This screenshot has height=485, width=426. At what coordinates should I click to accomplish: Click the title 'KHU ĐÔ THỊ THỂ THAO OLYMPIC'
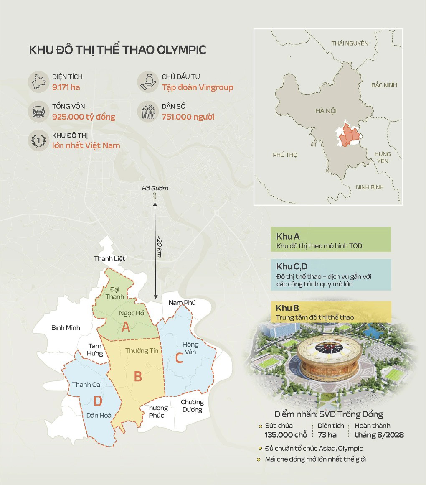[x=117, y=50]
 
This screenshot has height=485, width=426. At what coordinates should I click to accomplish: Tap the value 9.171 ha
[x=66, y=88]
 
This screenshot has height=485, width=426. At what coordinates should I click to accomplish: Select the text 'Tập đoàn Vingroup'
[x=198, y=88]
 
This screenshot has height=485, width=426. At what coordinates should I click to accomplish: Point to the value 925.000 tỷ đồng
[x=84, y=117]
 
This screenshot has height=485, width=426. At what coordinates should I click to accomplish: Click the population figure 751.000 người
[x=188, y=117]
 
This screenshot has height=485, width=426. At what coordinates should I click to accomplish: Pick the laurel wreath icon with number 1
[x=38, y=141]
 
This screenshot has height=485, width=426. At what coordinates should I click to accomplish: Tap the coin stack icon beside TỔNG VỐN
[x=38, y=112]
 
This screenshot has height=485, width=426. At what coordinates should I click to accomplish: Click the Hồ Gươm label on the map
[x=155, y=189]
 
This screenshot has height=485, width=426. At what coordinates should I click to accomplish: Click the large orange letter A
[x=126, y=328]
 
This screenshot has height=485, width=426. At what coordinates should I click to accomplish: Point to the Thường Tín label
[x=142, y=351]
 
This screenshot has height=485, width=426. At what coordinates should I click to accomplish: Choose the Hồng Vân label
[x=190, y=348]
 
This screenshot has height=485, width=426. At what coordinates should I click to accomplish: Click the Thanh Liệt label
[x=109, y=258]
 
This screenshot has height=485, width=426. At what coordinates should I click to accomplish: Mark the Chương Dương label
[x=192, y=406]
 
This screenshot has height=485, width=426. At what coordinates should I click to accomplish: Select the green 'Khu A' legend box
[x=330, y=240]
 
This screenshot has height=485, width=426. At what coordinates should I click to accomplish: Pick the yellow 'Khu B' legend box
[x=330, y=312]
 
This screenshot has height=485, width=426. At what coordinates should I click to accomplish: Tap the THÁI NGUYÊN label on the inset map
[x=350, y=43]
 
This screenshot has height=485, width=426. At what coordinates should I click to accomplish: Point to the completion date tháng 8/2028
[x=379, y=435]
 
